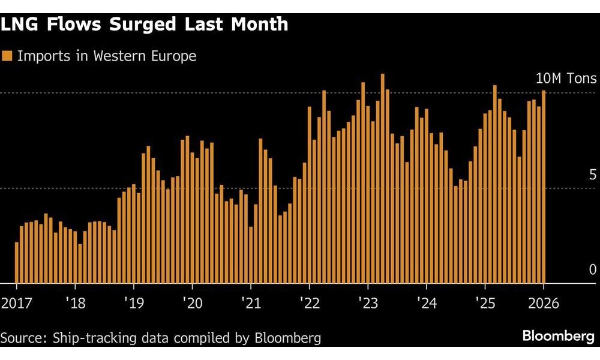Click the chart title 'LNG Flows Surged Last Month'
click(x=145, y=25)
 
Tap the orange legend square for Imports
click(x=7, y=56)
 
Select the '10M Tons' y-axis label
click(x=566, y=79)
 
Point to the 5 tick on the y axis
click(x=592, y=175)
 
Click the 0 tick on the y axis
click(x=592, y=269)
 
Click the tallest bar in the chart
click(x=383, y=180)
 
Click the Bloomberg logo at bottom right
click(x=558, y=337)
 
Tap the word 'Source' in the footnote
click(x=22, y=338)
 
